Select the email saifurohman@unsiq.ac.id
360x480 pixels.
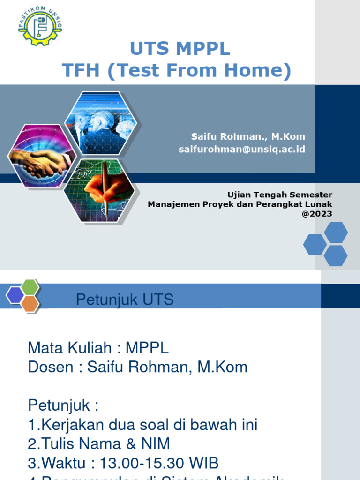click(242, 149)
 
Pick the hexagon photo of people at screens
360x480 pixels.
click(100, 123)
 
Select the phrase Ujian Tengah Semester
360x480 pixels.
click(279, 195)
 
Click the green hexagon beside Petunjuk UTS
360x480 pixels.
click(30, 287)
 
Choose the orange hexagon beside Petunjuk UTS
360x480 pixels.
click(30, 304)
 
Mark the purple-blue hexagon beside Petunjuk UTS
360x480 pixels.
click(15, 295)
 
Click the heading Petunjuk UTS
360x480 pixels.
click(125, 300)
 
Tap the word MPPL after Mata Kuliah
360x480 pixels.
click(147, 348)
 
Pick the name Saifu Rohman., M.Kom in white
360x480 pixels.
click(248, 136)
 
